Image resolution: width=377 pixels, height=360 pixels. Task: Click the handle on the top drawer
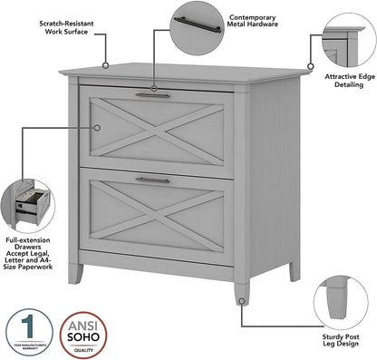152,95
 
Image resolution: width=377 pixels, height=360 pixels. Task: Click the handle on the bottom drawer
152,180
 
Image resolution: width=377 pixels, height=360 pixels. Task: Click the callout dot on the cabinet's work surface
105,65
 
